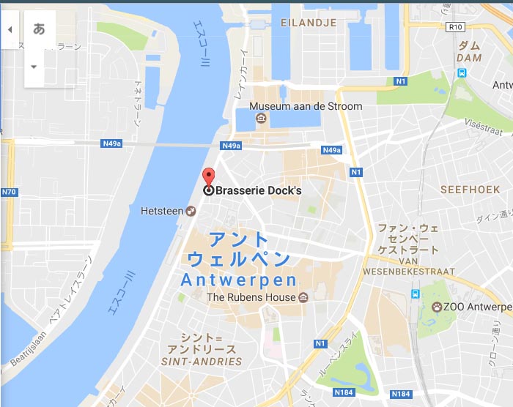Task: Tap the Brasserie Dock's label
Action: tap(258, 190)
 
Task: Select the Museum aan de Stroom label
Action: tap(306, 106)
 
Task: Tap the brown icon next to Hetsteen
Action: tap(191, 211)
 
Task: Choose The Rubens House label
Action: tap(251, 297)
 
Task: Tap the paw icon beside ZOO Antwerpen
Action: tap(437, 306)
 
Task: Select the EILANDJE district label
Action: tap(309, 23)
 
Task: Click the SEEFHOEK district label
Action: tap(470, 190)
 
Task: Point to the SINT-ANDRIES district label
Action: tap(202, 362)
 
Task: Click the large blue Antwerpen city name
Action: tap(238, 280)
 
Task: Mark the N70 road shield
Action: tap(8, 193)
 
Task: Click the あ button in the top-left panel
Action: tap(40, 29)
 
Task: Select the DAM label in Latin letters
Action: tap(469, 58)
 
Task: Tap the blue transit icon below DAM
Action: tap(462, 72)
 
